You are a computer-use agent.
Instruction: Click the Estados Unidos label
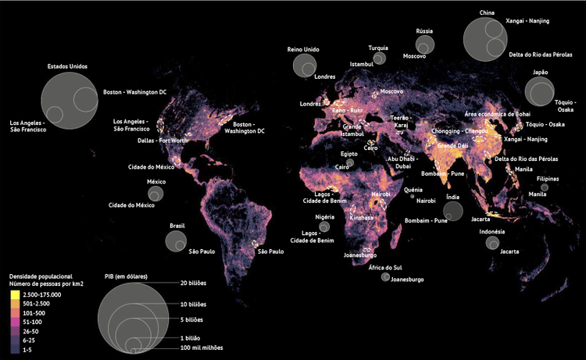pos(67,66)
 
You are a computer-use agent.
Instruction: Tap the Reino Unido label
pos(305,49)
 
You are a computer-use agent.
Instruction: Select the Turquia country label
pos(378,47)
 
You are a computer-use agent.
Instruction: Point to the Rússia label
pos(425,30)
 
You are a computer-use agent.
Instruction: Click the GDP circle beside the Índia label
pos(452,210)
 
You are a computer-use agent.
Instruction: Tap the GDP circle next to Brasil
pos(177,241)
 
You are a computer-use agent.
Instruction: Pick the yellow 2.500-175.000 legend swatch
pos(16,295)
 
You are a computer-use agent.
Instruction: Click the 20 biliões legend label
pos(193,283)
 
